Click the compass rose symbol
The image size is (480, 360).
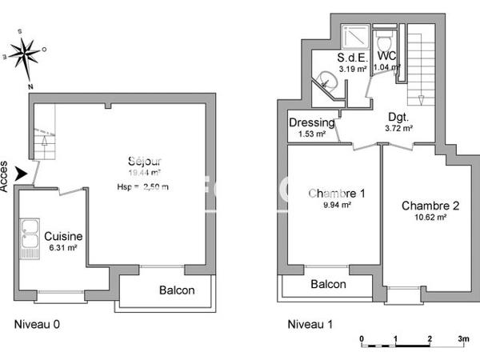pyautogui.click(x=26, y=53)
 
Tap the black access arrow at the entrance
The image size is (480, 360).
pyautogui.click(x=22, y=173)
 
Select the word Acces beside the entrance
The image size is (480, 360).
pyautogui.click(x=6, y=174)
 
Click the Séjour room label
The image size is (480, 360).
pyautogui.click(x=145, y=160)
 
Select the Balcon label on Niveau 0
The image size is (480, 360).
pyautogui.click(x=176, y=290)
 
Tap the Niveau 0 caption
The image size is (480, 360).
pyautogui.click(x=38, y=325)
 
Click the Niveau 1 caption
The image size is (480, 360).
pyautogui.click(x=310, y=325)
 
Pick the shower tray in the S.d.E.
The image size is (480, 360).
pyautogui.click(x=354, y=37)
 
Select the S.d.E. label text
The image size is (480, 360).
pyautogui.click(x=352, y=58)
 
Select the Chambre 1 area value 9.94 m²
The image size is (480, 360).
pyautogui.click(x=337, y=205)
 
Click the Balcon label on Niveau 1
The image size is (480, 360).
pyautogui.click(x=328, y=284)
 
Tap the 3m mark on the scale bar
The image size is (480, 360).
pyautogui.click(x=462, y=338)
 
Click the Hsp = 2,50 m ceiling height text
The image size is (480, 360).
pyautogui.click(x=143, y=187)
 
